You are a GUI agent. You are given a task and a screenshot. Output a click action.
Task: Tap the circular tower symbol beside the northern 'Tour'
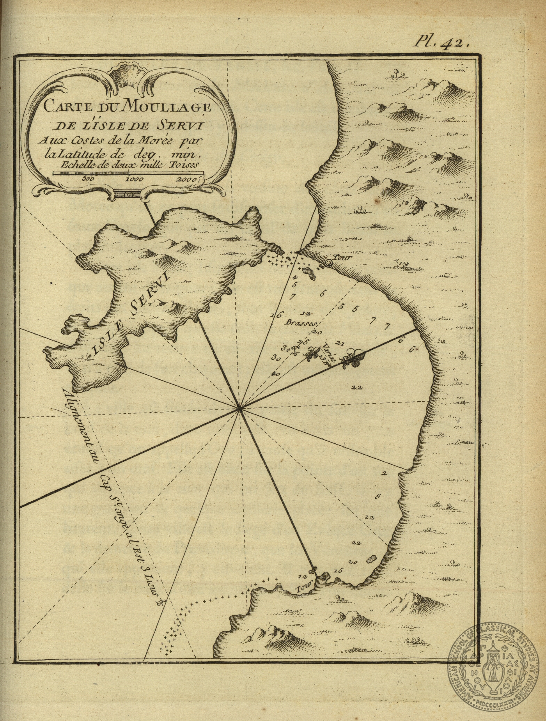tap(328, 264)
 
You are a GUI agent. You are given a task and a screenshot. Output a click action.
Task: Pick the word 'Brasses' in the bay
tap(302, 323)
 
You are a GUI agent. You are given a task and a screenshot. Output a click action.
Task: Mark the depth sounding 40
tap(276, 374)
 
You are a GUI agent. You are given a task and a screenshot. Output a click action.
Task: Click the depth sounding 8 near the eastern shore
tap(377, 497)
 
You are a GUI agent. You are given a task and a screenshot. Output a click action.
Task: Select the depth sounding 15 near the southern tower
tap(338, 570)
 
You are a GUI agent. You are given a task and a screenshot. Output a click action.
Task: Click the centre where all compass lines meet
tap(239, 408)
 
